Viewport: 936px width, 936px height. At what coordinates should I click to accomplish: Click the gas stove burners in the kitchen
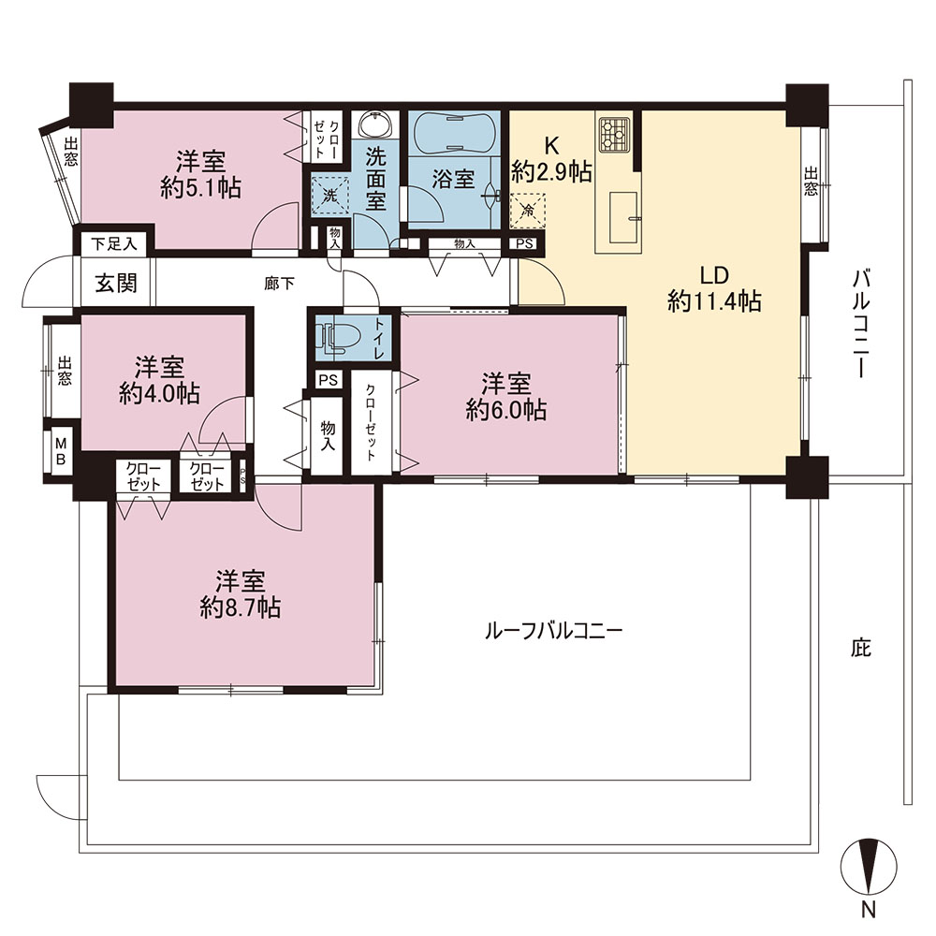point(615,134)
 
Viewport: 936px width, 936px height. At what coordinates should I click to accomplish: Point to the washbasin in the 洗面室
point(375,125)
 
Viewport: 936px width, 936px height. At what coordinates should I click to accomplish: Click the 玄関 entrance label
point(116,283)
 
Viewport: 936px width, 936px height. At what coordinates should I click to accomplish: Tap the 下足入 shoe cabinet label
point(114,243)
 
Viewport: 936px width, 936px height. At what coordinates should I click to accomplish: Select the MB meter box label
point(61,451)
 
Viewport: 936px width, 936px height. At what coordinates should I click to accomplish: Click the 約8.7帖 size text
point(240,607)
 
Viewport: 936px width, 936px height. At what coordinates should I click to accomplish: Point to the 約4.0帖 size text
point(159,393)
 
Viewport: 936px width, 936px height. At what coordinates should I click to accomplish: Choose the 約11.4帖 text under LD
point(714,301)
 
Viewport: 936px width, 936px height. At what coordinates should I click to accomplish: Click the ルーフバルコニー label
point(554,631)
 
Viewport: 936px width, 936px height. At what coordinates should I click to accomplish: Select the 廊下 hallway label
point(279,284)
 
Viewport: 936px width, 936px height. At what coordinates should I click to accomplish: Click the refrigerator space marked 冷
point(527,210)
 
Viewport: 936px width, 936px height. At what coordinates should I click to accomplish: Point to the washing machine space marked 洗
point(330,195)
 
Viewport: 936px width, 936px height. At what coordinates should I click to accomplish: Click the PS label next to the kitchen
point(524,243)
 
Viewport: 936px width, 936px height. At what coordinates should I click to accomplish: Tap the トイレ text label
point(379,338)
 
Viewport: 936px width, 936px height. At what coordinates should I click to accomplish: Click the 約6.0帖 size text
point(506,410)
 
